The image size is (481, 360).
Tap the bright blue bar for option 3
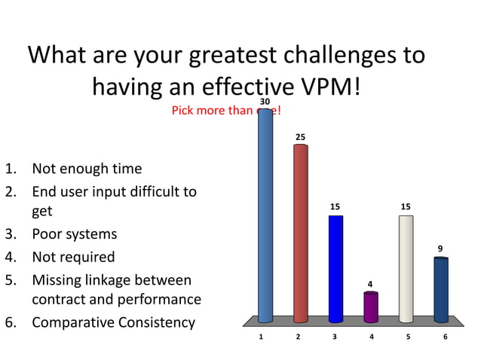335,267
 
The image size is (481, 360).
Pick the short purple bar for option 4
371,307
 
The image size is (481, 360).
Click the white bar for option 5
406,267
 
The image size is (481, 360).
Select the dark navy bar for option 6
441,289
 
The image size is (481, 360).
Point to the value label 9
440,248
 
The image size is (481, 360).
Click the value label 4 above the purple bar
369,284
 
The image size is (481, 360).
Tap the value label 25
300,136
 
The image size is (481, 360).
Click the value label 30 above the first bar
265,101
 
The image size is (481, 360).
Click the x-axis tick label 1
261,337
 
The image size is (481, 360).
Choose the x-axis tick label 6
445,337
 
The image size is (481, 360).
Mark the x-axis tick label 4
371,337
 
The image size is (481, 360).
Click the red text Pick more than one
226,111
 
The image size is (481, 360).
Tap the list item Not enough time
86,169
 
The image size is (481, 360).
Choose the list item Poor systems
74,234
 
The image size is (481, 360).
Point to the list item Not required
73,257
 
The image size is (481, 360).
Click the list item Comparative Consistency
113,322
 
